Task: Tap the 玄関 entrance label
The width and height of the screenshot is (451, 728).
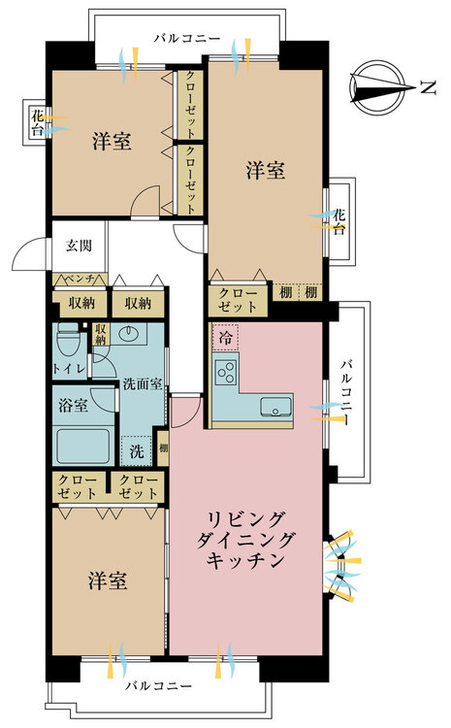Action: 79,247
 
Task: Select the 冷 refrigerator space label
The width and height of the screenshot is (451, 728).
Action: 225,339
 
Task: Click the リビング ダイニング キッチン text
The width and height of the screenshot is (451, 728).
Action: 246,539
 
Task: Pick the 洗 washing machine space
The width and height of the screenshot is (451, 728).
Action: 136,450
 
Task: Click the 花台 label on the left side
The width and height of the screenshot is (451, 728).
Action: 37,121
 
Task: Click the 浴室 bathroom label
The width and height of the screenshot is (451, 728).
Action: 74,404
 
